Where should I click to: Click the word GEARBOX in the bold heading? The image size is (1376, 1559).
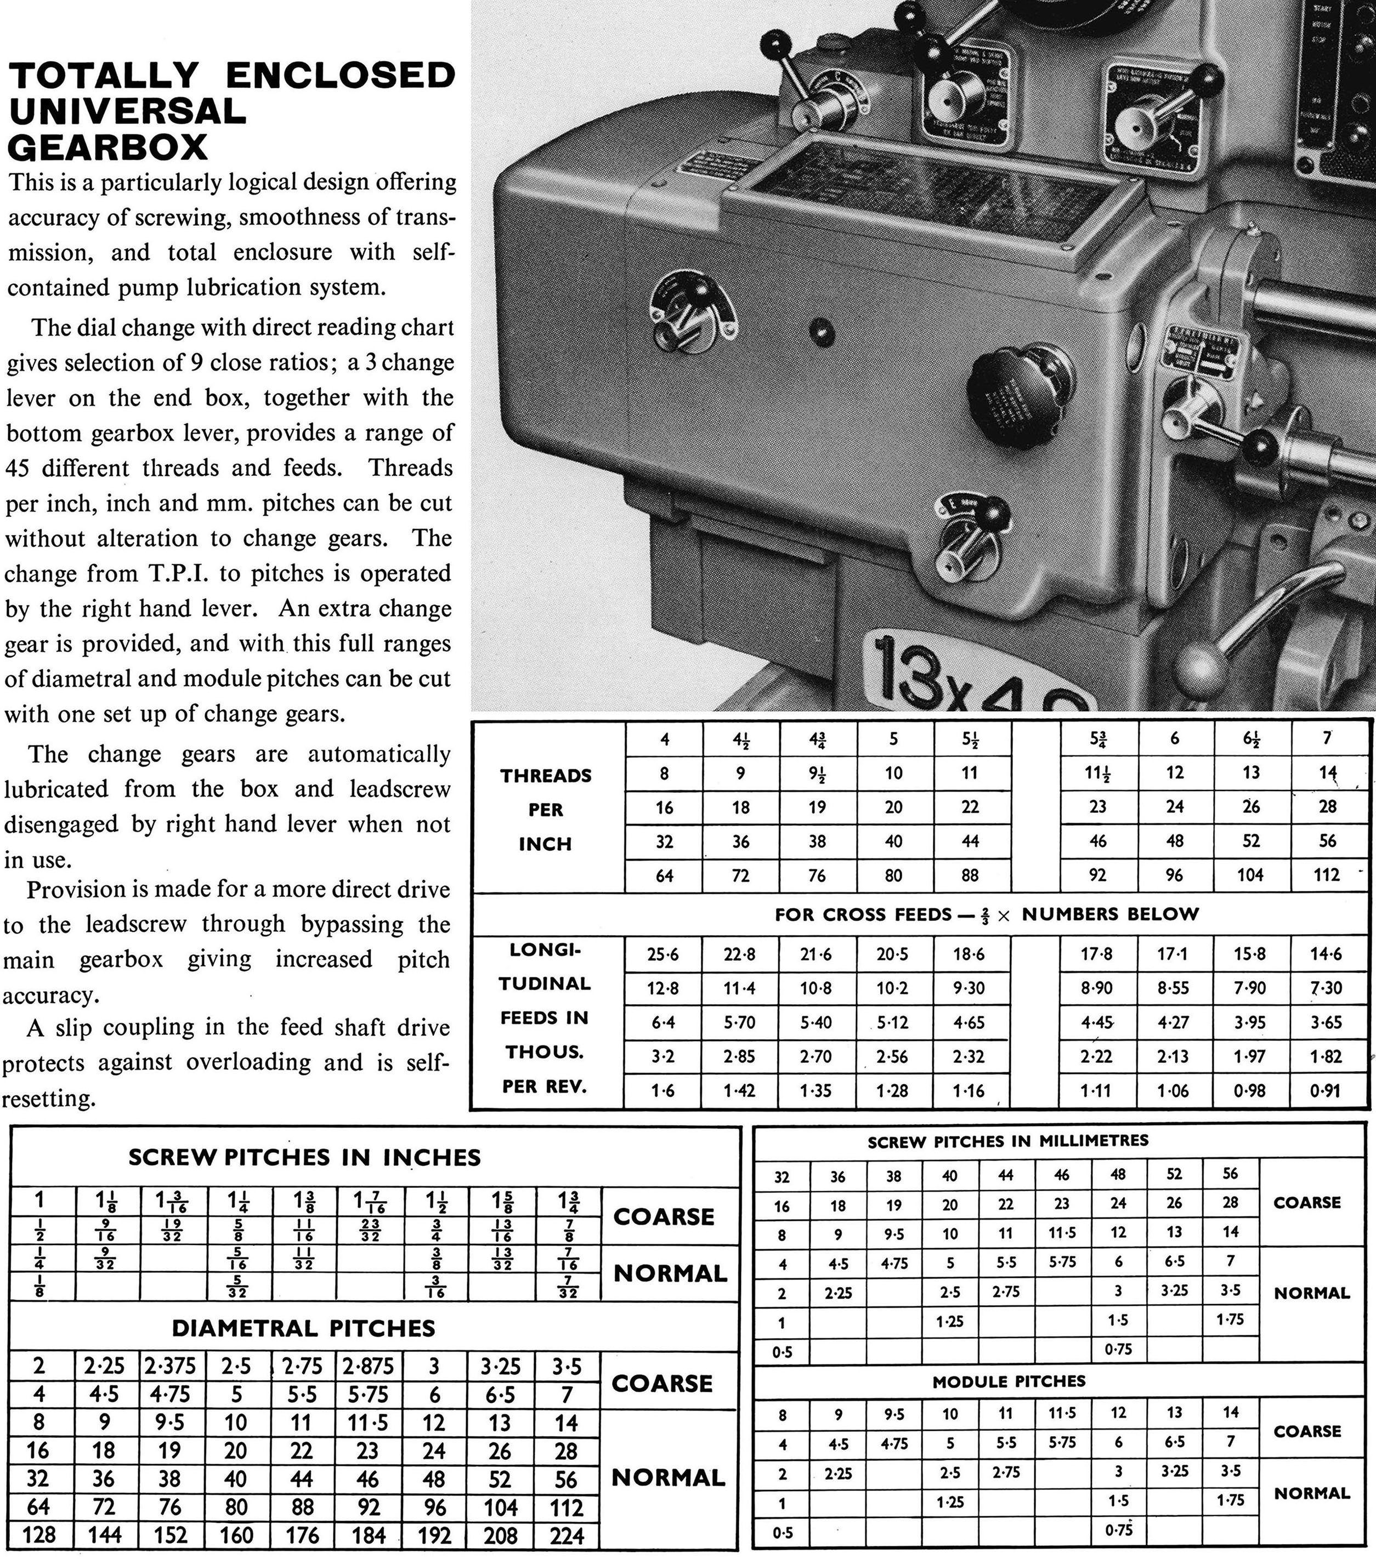(x=107, y=147)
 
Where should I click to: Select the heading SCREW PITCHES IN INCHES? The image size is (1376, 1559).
(x=304, y=1157)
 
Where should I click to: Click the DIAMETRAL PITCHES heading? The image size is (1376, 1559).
(x=304, y=1328)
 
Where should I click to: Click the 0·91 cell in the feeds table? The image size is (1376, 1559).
(x=1326, y=1091)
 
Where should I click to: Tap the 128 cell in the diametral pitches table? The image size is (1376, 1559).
(x=38, y=1535)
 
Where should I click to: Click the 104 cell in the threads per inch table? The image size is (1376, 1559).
(x=1250, y=875)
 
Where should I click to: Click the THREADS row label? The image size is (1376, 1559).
(x=546, y=776)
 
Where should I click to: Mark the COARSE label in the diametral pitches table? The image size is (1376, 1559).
(x=661, y=1383)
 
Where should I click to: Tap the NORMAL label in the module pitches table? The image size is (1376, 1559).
(x=1312, y=1493)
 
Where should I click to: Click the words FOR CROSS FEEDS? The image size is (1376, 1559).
(x=862, y=914)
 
